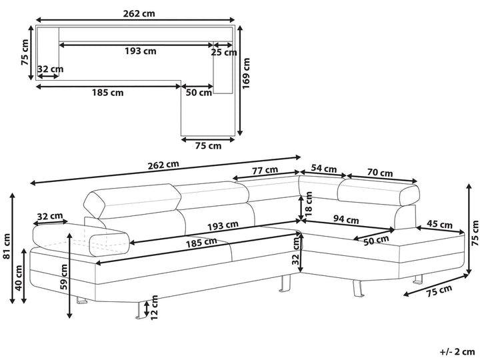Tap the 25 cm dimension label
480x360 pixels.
point(224,52)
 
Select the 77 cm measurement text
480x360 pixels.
point(265,170)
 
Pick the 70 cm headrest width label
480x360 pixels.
point(379,173)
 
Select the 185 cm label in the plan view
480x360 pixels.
point(107,93)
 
